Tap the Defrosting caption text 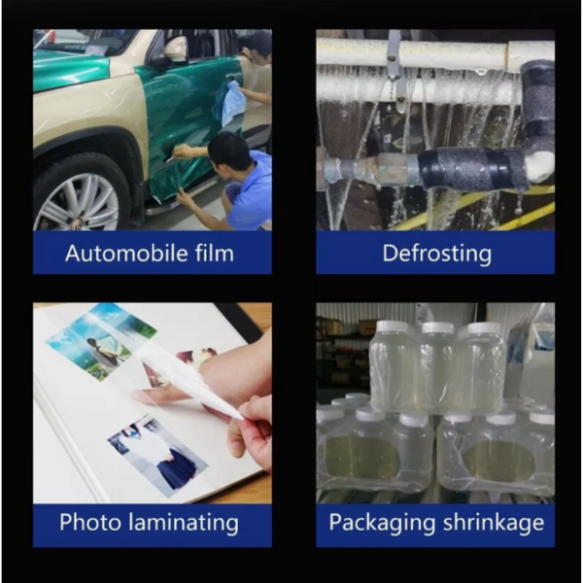click(x=437, y=255)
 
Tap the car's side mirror click(x=175, y=50)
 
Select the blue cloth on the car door click(x=229, y=101)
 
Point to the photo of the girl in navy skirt click(x=157, y=456)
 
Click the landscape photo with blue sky click(x=101, y=341)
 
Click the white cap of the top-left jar click(x=394, y=326)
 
